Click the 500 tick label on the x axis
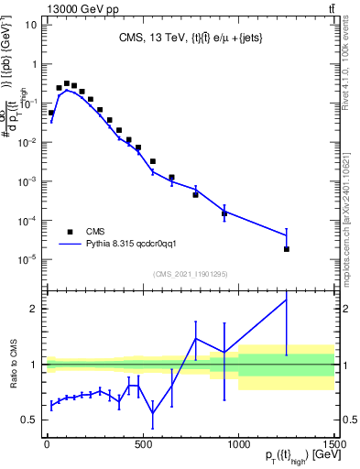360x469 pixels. click(x=142, y=444)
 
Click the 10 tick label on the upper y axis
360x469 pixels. click(x=30, y=25)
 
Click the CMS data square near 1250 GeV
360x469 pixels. click(x=287, y=249)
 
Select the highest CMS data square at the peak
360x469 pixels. click(x=66, y=83)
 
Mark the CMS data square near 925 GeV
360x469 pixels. click(x=224, y=213)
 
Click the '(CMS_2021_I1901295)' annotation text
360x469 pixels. click(x=190, y=274)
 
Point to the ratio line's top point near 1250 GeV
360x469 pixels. click(x=287, y=300)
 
